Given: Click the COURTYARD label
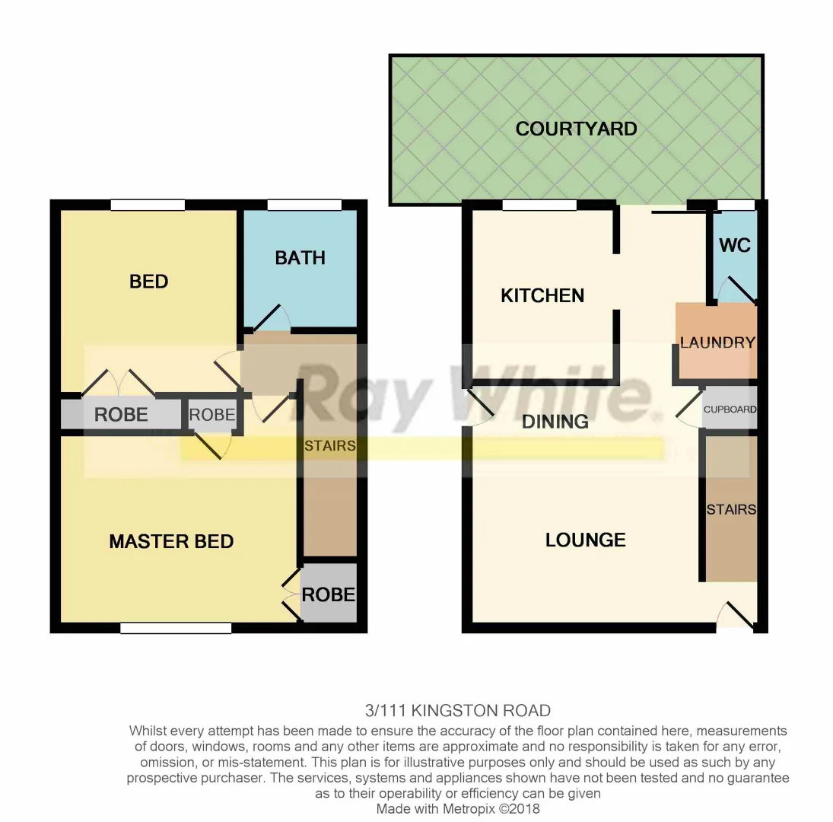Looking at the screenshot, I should click(x=576, y=129).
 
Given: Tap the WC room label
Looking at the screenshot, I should click(x=734, y=245).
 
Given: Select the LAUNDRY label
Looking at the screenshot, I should click(x=717, y=342).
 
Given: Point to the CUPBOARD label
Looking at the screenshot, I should click(x=730, y=409).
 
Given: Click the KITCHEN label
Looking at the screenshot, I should click(x=542, y=295).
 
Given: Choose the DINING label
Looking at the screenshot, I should click(x=555, y=421).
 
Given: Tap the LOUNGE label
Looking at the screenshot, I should click(x=585, y=540).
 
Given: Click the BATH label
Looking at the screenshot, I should click(x=300, y=258).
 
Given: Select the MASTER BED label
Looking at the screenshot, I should click(x=171, y=541).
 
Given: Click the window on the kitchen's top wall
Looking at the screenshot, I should click(x=539, y=205).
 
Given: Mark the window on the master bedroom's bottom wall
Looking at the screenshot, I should click(x=176, y=628).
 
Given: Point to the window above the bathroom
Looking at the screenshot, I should click(x=304, y=205).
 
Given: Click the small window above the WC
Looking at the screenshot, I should click(x=736, y=205).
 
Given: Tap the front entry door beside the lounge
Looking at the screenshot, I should click(x=736, y=615).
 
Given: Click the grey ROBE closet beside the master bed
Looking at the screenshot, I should click(x=329, y=594).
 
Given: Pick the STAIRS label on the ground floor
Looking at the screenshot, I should click(x=730, y=509).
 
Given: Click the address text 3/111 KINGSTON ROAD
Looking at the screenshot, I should click(x=457, y=711).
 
